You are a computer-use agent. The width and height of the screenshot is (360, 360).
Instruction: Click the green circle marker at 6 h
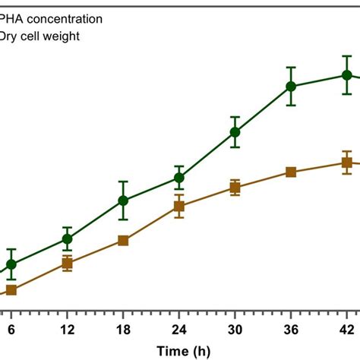(11, 264)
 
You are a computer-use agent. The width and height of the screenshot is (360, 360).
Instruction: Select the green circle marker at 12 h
(67, 239)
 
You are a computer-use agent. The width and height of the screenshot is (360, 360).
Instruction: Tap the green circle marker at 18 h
(123, 201)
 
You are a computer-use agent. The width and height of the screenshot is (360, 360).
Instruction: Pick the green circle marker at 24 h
(178, 178)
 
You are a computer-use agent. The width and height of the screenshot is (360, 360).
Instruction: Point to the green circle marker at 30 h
(235, 132)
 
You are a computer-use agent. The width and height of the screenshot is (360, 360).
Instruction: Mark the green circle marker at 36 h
(290, 87)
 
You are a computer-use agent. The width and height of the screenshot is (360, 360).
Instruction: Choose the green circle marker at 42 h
(346, 74)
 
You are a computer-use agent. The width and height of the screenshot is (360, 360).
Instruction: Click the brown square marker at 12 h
(67, 264)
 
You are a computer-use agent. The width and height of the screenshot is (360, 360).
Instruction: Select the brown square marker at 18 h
(123, 241)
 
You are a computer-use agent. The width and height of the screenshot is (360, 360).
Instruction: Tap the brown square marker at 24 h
(178, 207)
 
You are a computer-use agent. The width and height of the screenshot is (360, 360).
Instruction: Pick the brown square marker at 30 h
(235, 188)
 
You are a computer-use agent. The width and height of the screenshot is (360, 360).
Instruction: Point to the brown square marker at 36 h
(290, 172)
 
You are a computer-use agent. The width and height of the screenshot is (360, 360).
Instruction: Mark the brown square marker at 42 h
(346, 162)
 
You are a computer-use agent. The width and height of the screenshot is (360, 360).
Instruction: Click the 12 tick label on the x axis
(67, 329)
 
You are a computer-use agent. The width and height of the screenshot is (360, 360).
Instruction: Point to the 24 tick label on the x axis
(178, 329)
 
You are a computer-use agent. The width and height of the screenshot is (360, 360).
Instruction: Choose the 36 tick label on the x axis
(290, 329)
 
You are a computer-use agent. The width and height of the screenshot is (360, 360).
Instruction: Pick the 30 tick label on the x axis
(235, 329)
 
